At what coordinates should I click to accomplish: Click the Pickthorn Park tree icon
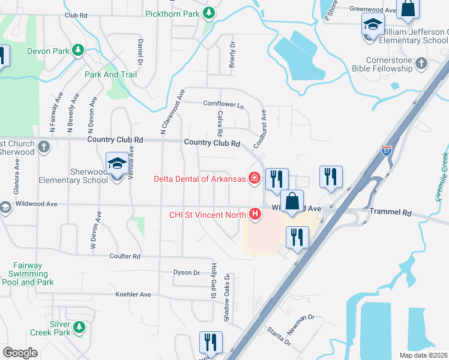click(x=209, y=13)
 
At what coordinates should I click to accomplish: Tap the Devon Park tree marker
click(x=77, y=50)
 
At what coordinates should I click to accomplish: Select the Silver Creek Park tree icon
click(x=79, y=328)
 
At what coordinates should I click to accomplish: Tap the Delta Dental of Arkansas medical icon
click(x=254, y=178)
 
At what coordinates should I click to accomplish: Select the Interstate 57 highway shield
click(x=387, y=151)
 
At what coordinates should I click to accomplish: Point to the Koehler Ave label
click(x=133, y=295)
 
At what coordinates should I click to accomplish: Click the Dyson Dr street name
click(x=186, y=272)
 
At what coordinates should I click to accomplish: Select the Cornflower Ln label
click(x=223, y=104)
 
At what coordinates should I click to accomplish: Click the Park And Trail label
click(x=110, y=74)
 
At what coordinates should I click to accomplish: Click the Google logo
click(x=20, y=353)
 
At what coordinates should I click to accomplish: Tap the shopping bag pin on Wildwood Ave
click(x=292, y=202)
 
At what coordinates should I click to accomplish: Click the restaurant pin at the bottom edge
click(x=210, y=343)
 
